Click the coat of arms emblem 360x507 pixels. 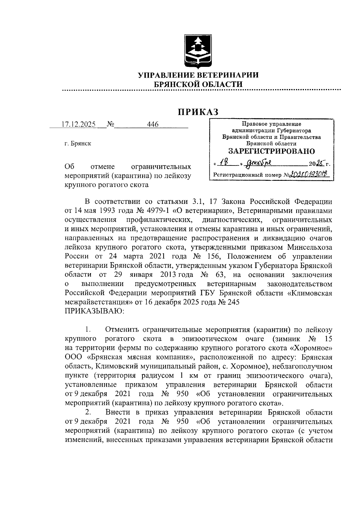click(x=198, y=52)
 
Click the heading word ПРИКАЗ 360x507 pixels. click(x=198, y=112)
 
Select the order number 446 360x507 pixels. click(x=153, y=124)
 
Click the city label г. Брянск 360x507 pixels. click(x=78, y=144)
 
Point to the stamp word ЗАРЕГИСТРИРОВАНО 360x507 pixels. click(x=271, y=151)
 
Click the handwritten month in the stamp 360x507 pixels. click(x=258, y=163)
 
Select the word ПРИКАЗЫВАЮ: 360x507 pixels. click(x=94, y=311)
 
